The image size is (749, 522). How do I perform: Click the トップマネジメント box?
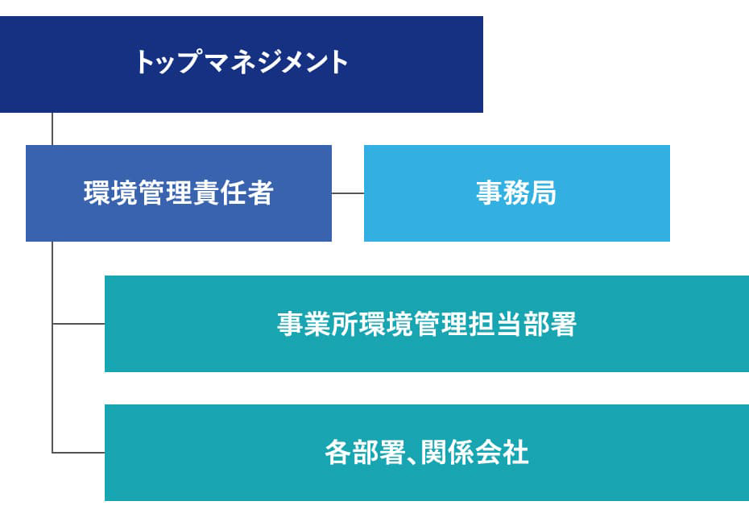(x=242, y=64)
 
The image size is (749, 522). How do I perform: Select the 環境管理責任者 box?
(x=179, y=193)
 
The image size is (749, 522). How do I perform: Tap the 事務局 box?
(x=517, y=193)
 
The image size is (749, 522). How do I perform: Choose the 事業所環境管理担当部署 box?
(x=427, y=324)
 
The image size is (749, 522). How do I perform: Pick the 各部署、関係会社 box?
(x=427, y=453)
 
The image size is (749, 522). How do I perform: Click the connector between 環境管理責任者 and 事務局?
(x=348, y=193)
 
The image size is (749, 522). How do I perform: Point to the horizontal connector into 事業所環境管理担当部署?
(x=78, y=324)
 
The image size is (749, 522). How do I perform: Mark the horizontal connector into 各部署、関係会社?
(x=78, y=452)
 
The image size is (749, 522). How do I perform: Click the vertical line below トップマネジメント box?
(x=52, y=129)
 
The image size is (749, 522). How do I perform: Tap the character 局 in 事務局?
(x=544, y=193)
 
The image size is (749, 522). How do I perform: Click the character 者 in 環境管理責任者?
(x=260, y=193)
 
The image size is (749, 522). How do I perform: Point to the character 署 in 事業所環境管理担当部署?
(x=564, y=324)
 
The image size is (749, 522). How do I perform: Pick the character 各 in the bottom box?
(x=338, y=452)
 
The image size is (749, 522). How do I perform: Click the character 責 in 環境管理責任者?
(x=206, y=193)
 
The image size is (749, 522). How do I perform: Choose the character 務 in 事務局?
(x=517, y=193)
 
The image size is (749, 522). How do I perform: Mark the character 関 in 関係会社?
(x=434, y=452)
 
